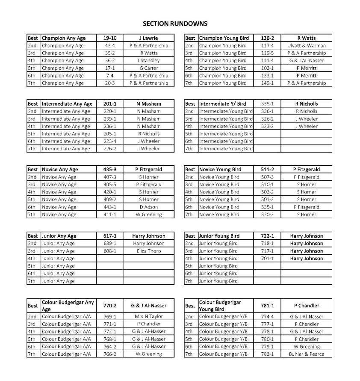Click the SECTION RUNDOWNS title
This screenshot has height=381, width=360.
(x=175, y=24)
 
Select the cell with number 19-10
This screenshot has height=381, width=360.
(x=109, y=38)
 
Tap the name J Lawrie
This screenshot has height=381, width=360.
(x=148, y=38)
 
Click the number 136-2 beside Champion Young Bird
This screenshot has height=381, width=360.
(x=267, y=38)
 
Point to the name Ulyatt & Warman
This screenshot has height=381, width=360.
(x=306, y=45)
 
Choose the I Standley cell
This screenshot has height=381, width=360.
(x=148, y=60)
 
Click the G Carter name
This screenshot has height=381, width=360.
(x=148, y=68)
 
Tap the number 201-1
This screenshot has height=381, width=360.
(x=109, y=104)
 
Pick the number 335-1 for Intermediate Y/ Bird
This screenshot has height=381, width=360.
(x=267, y=104)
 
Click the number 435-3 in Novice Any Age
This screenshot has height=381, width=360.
(x=109, y=170)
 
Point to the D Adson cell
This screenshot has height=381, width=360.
(x=148, y=207)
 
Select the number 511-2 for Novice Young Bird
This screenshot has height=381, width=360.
(x=267, y=170)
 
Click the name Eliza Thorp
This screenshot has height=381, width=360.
(x=148, y=251)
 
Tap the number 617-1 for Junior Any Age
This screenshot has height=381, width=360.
(x=109, y=236)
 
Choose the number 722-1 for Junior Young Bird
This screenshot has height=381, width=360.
(x=267, y=236)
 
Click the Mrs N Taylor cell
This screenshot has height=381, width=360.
(x=148, y=316)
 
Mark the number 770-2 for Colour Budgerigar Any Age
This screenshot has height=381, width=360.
(x=109, y=306)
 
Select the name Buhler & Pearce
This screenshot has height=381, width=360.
(x=306, y=354)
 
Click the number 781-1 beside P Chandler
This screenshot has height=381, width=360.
(x=267, y=306)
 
